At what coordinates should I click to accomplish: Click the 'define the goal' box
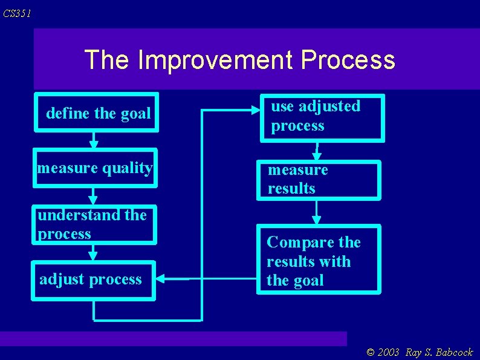[x=97, y=113]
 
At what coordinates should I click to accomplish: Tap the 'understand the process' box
[x=94, y=224]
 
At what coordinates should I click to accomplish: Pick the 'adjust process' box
[x=94, y=280]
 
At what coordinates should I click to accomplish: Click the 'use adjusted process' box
[x=322, y=117]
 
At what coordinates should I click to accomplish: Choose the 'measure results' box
[x=318, y=180]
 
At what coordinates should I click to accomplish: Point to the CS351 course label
[x=17, y=13]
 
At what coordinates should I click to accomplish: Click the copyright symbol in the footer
[x=371, y=353]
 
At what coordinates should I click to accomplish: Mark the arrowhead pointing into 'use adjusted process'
[x=255, y=110]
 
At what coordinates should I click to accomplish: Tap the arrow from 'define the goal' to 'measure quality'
[x=94, y=140]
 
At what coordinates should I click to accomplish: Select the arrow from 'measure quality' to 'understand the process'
[x=93, y=195]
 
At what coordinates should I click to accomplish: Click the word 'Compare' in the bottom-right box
[x=289, y=243]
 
